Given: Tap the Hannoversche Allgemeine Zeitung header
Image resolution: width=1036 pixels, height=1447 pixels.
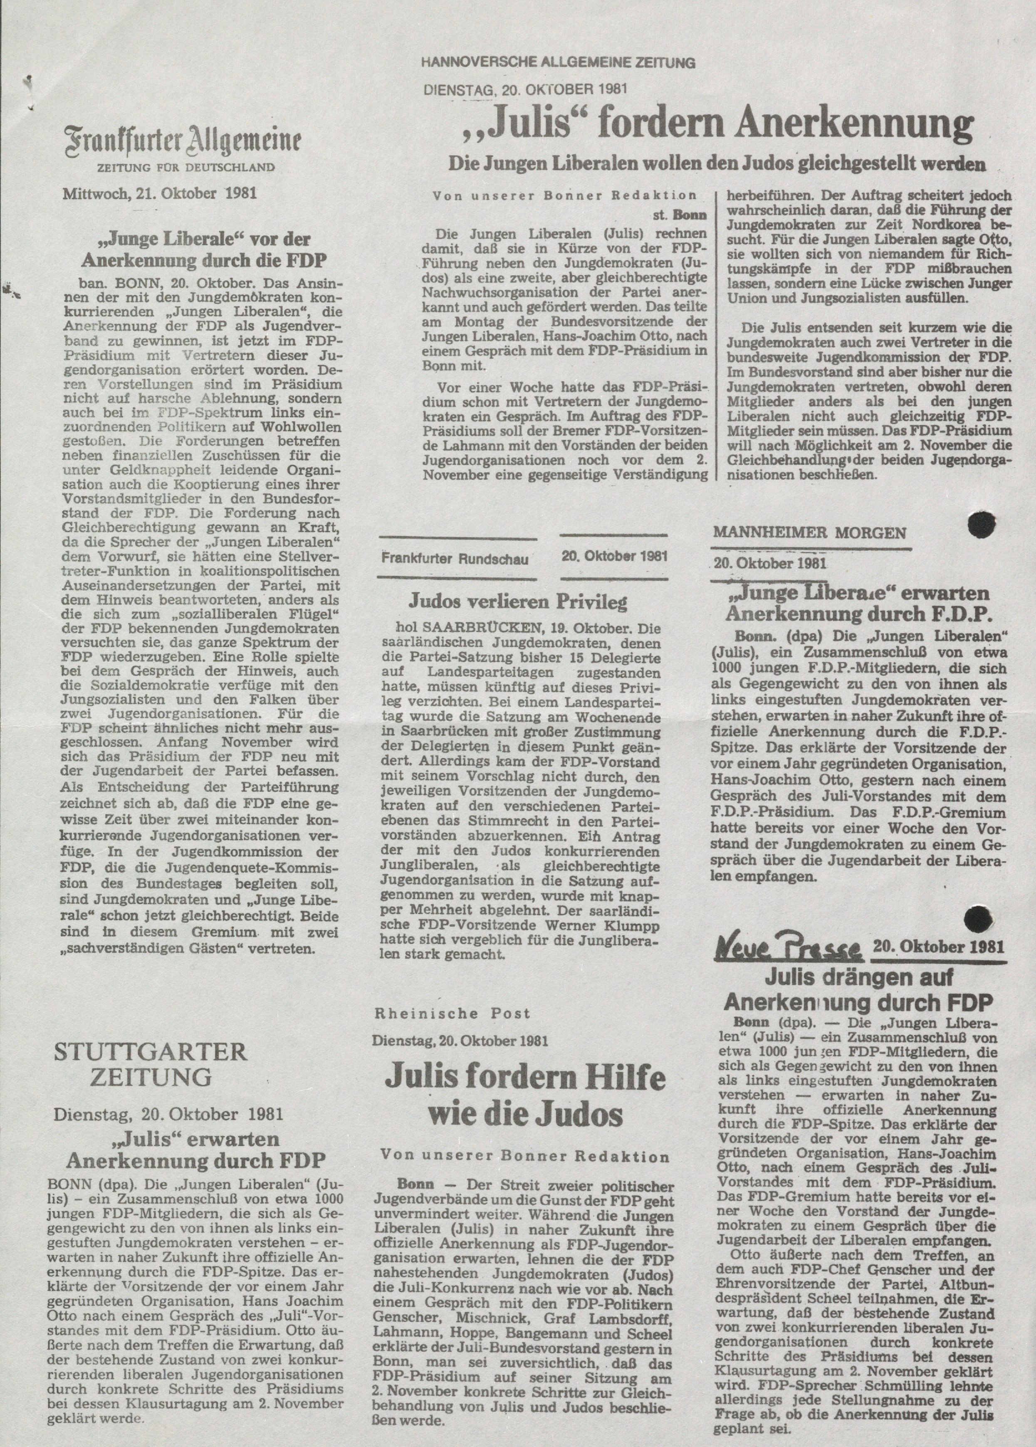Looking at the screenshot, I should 558,62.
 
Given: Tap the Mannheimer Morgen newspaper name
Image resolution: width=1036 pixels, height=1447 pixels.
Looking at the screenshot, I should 809,533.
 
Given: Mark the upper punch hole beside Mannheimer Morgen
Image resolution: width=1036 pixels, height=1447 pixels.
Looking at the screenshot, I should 982,525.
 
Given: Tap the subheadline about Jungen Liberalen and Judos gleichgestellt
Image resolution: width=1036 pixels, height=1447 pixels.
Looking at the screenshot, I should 717,164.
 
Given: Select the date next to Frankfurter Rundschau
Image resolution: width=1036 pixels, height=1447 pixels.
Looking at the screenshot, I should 614,556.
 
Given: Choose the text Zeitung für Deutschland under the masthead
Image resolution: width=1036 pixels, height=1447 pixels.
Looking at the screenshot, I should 185,168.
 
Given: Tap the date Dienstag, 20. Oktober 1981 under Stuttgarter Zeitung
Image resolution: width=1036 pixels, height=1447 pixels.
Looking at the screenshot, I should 168,1114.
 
